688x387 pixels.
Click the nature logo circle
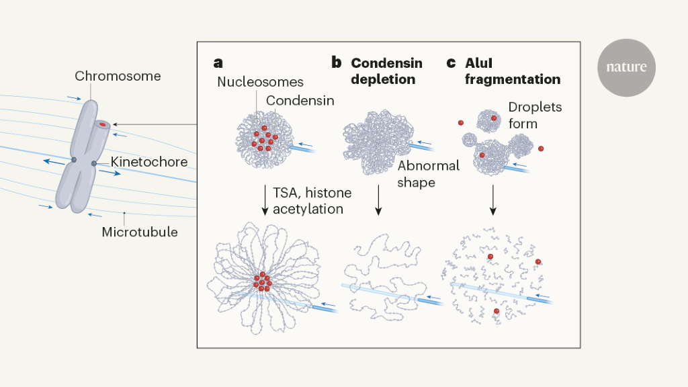[626, 67]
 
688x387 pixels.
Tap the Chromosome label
[118, 76]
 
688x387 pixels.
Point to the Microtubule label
[140, 232]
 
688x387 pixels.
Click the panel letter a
[218, 63]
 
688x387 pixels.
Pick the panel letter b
[337, 63]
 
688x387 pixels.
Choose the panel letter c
[451, 63]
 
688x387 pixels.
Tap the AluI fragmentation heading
[513, 71]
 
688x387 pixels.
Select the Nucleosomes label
[260, 83]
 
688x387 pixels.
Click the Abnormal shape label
[428, 173]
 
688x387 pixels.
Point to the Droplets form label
[535, 116]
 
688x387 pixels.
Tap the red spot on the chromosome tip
[102, 124]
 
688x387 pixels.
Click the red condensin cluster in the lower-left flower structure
[261, 282]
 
